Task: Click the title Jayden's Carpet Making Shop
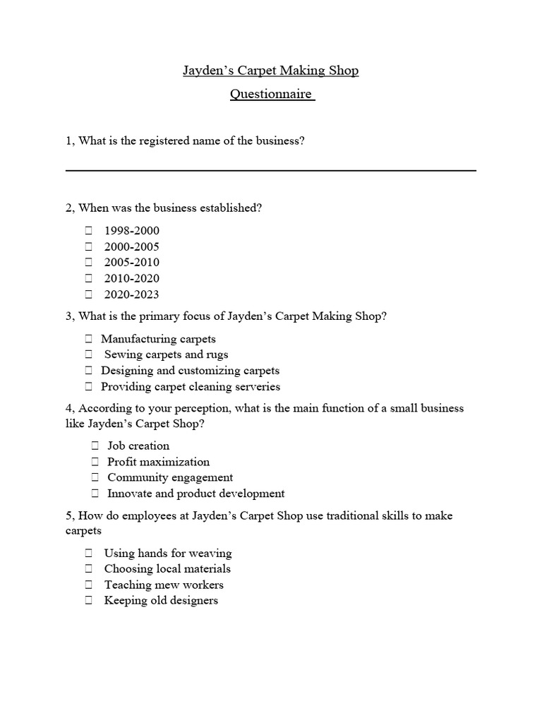pyautogui.click(x=271, y=71)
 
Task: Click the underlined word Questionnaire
pyautogui.click(x=271, y=94)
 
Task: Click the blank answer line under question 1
pyautogui.click(x=271, y=170)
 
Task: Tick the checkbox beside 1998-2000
pyautogui.click(x=89, y=230)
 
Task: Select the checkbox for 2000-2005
pyautogui.click(x=89, y=246)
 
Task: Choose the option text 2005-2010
pyautogui.click(x=132, y=263)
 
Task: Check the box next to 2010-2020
pyautogui.click(x=89, y=278)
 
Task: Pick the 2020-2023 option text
pyautogui.click(x=132, y=294)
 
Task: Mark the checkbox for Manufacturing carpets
pyautogui.click(x=89, y=339)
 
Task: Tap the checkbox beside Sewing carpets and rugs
pyautogui.click(x=89, y=354)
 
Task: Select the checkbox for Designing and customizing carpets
pyautogui.click(x=89, y=371)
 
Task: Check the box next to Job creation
pyautogui.click(x=95, y=446)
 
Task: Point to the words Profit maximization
pyautogui.click(x=158, y=462)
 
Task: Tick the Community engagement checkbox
pyautogui.click(x=95, y=477)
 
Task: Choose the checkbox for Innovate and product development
pyautogui.click(x=95, y=494)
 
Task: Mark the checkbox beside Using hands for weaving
pyautogui.click(x=89, y=553)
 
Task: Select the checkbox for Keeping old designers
pyautogui.click(x=89, y=600)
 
